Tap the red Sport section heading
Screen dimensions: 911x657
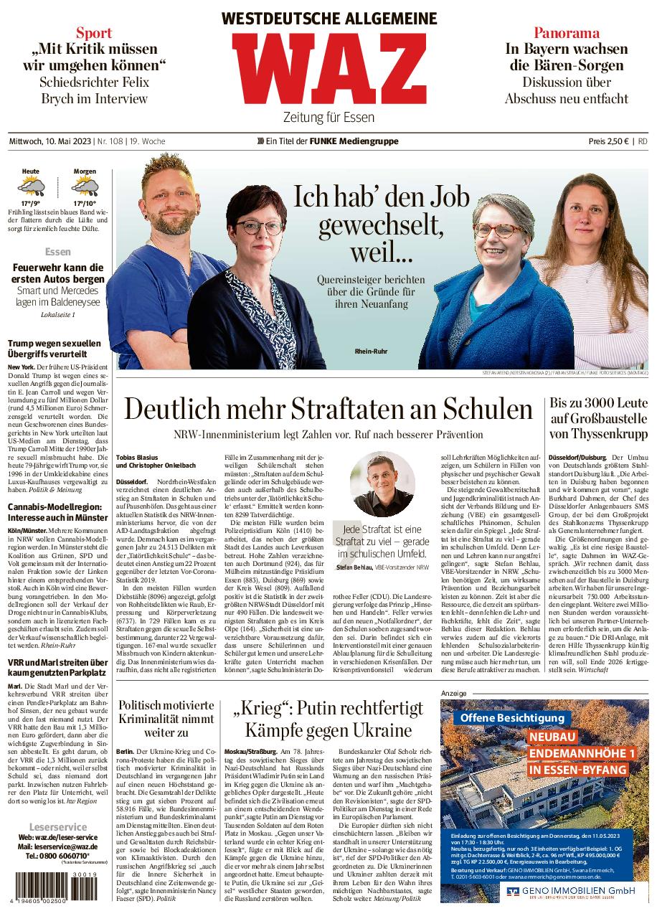click(x=94, y=32)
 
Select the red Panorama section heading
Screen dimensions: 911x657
click(x=566, y=32)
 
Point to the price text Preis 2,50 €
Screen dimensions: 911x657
click(x=608, y=141)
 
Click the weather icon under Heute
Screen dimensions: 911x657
click(x=31, y=188)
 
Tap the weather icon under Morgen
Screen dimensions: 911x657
click(x=85, y=188)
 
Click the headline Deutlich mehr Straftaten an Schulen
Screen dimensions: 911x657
click(x=328, y=409)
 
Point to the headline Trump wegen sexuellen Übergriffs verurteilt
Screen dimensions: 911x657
click(x=54, y=349)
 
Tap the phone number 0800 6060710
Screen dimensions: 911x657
click(x=57, y=856)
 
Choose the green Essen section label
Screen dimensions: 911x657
click(x=57, y=252)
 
